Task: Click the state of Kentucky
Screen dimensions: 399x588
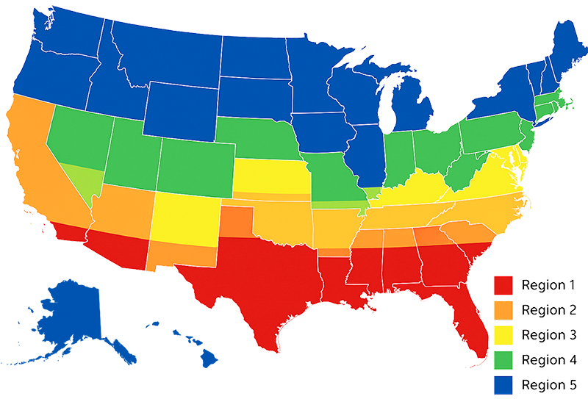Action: [x=415, y=188]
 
